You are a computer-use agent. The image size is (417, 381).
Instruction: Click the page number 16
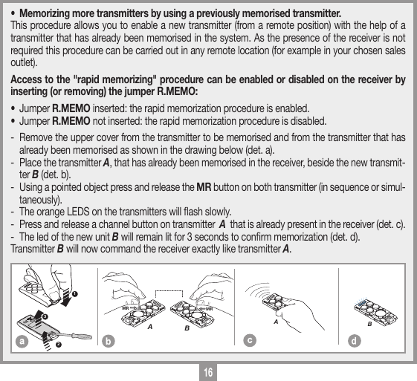208,370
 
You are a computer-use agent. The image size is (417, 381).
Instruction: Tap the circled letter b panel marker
109,342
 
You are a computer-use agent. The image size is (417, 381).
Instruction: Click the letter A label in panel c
275,322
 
